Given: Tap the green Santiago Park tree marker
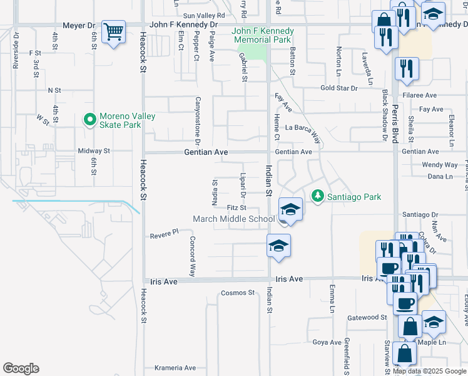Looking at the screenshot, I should [318, 197].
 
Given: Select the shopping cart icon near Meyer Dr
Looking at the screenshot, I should [113, 31].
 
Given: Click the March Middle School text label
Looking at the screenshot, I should [233, 219].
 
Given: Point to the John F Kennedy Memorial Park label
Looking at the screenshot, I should [262, 35].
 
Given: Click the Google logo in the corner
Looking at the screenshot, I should [21, 368].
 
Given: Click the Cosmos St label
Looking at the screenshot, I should [238, 293].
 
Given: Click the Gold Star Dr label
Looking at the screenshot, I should [339, 88].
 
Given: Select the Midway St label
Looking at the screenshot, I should [94, 151].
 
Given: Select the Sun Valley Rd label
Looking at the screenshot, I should [203, 15].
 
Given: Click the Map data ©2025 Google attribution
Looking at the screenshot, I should [429, 371].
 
